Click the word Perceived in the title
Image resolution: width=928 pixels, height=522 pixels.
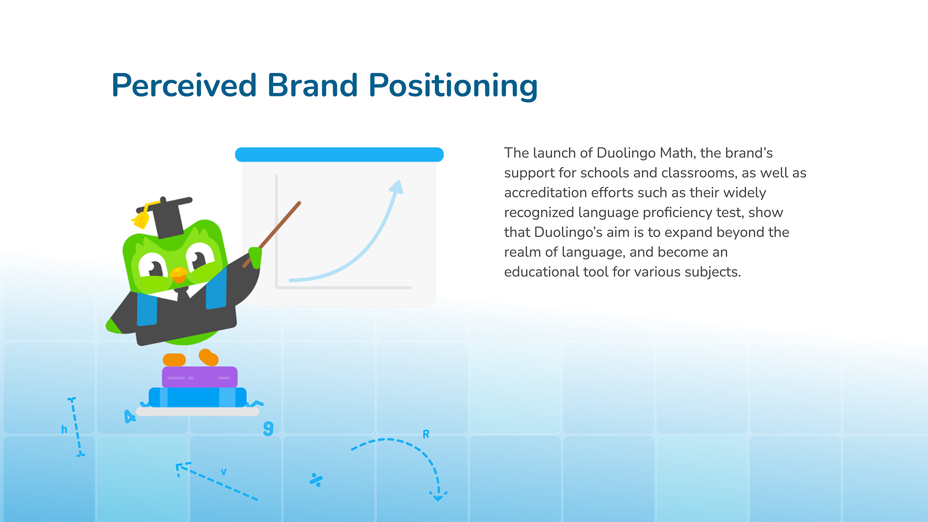point(184,85)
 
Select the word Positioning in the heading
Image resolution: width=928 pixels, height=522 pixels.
point(453,87)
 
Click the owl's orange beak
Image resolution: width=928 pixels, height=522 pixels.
point(179,274)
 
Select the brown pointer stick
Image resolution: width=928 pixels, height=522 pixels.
point(272,234)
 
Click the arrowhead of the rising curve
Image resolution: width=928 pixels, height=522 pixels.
point(397,187)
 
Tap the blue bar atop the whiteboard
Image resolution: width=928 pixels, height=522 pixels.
point(339,155)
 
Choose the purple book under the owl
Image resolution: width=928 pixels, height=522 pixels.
point(200,377)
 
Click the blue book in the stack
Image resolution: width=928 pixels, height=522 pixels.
point(198,397)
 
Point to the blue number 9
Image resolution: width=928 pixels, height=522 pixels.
point(268,428)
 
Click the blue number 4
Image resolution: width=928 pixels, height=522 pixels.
point(129,416)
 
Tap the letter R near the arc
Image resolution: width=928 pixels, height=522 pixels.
point(426,434)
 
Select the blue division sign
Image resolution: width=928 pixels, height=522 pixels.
point(316,480)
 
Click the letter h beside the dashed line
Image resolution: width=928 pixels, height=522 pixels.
point(64,429)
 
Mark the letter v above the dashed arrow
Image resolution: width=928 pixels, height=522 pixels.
point(224,472)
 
